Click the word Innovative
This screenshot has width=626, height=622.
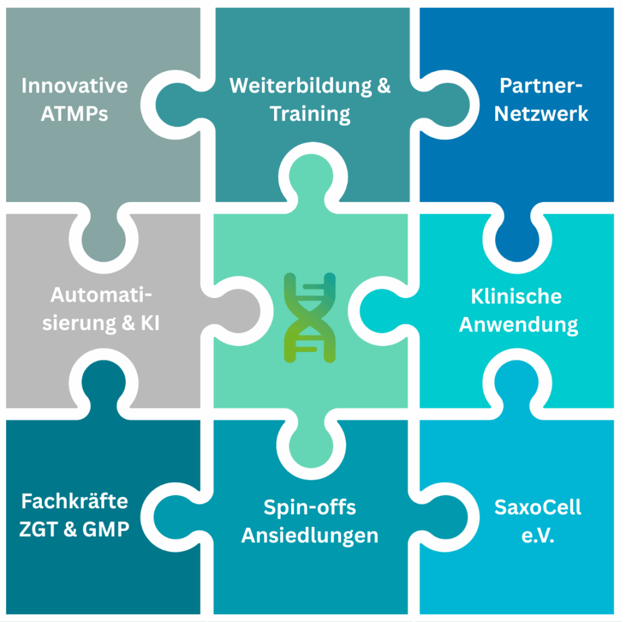pyautogui.click(x=75, y=86)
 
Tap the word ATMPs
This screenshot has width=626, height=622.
pyautogui.click(x=75, y=114)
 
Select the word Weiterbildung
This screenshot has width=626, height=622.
pyautogui.click(x=301, y=86)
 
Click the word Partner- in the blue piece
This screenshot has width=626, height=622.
pyautogui.click(x=541, y=86)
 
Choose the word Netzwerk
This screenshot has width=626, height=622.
pyautogui.click(x=541, y=114)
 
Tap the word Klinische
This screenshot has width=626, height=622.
pyautogui.click(x=516, y=297)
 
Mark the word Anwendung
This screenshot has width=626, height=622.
pyautogui.click(x=518, y=325)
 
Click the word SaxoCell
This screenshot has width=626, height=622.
pyautogui.click(x=538, y=507)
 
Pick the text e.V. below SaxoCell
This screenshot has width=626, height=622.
pyautogui.click(x=538, y=536)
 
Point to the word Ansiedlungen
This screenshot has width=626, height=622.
pyautogui.click(x=310, y=536)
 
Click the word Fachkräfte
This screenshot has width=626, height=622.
pyautogui.click(x=75, y=501)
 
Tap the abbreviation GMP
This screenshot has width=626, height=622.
pyautogui.click(x=106, y=530)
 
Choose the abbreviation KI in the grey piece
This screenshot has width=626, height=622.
pyautogui.click(x=150, y=323)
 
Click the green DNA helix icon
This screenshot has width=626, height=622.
pyautogui.click(x=310, y=317)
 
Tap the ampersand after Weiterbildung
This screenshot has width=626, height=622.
pyautogui.click(x=384, y=86)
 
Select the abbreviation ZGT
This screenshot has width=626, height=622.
pyautogui.click(x=38, y=530)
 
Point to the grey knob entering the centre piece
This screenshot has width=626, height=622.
pyautogui.click(x=239, y=311)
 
